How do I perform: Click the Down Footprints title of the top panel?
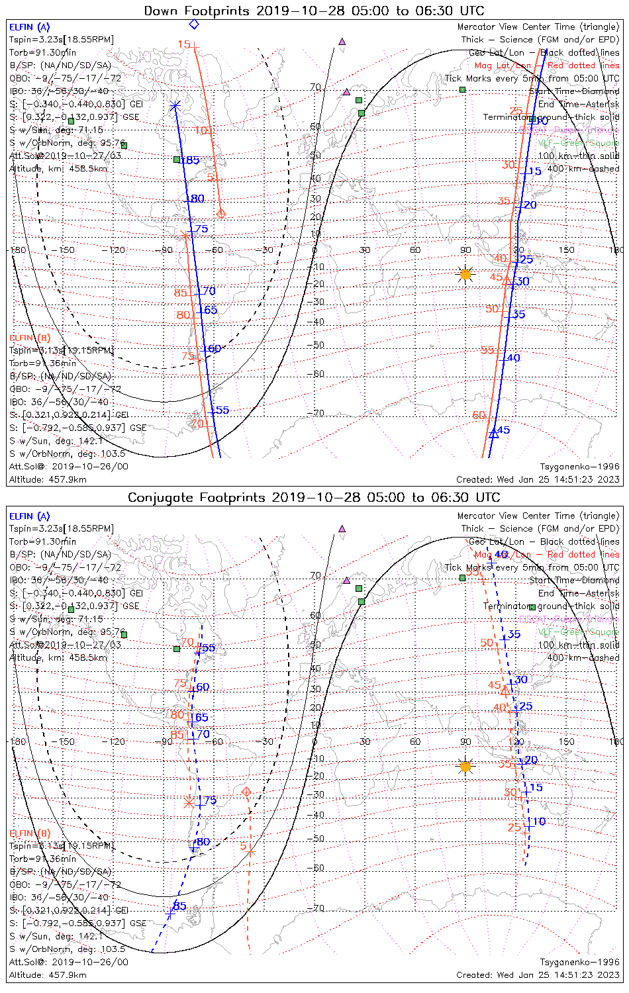(x=314, y=11)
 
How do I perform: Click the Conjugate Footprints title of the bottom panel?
(x=314, y=497)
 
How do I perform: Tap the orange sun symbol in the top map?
(x=465, y=274)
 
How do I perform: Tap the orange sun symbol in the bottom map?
(x=465, y=767)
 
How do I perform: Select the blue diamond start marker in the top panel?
(x=194, y=24)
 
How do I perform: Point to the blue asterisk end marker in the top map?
(x=175, y=106)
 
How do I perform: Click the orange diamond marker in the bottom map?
(x=247, y=792)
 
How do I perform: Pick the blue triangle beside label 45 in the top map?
(x=493, y=434)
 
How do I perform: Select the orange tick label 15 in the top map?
(x=183, y=44)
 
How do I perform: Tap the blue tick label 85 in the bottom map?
(x=179, y=906)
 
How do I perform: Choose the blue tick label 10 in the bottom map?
(x=539, y=822)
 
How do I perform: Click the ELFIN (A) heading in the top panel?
(x=29, y=27)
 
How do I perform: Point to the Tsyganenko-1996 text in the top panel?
(x=579, y=467)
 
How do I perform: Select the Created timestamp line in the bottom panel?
(x=538, y=974)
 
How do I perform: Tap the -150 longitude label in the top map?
(x=66, y=250)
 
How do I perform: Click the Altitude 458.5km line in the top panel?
(x=58, y=168)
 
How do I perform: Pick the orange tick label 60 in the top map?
(x=479, y=415)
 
